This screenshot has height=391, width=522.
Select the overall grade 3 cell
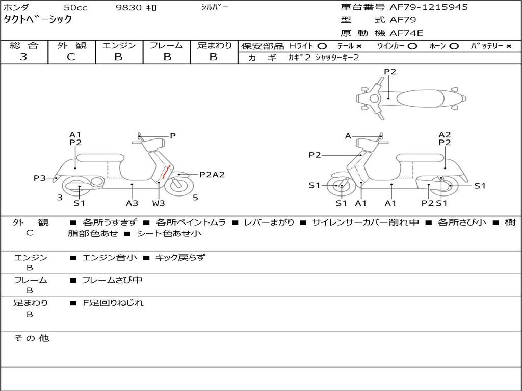coord(24,57)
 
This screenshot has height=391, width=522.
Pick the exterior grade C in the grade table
coord(71,57)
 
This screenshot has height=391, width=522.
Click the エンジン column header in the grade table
coord(119,46)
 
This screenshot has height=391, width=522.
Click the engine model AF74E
coord(406,34)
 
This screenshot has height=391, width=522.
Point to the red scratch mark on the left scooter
coord(165,174)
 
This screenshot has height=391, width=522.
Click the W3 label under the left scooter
coord(159,203)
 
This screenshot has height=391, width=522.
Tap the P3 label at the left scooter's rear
coord(40,178)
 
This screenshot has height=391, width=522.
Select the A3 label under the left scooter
coord(132,203)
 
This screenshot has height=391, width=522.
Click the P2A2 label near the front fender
coord(212,175)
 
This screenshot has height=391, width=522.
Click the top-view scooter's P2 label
coord(390,72)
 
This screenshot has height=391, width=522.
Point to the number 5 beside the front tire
coord(195,198)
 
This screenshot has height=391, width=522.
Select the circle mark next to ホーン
coord(454,46)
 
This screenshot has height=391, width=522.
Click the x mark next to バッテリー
coord(509,46)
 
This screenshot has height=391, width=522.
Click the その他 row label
coord(31,338)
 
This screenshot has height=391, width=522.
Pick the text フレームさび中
coord(112,280)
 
